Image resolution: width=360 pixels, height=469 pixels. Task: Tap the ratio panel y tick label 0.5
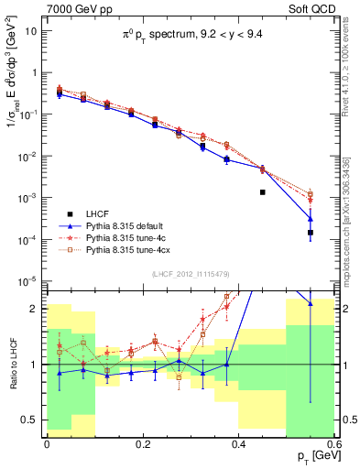(32, 420)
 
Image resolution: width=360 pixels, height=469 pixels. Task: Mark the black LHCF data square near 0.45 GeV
(262, 192)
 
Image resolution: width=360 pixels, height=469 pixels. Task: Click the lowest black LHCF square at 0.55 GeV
(311, 233)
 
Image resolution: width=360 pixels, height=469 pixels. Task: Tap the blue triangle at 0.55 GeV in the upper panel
(311, 218)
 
